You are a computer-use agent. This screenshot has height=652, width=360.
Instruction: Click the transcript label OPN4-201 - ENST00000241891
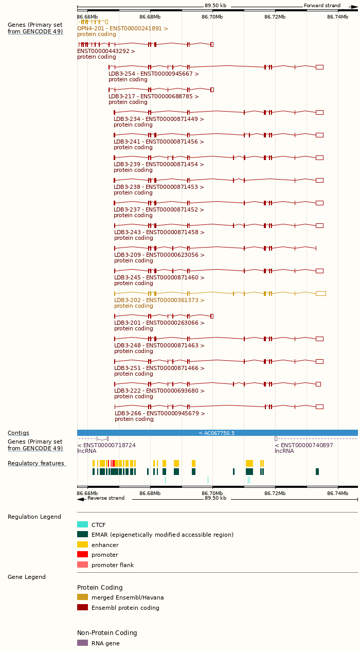(122, 28)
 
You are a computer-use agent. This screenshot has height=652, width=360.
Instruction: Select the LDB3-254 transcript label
(153, 74)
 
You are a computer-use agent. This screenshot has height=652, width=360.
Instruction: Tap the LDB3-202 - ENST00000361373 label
(159, 300)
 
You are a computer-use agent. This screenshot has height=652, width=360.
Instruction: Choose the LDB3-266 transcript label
(159, 413)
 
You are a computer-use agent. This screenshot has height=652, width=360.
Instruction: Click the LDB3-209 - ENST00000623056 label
(159, 255)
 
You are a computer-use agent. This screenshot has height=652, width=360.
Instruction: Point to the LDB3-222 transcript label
(159, 391)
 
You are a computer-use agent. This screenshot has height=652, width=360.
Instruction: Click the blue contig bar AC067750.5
(217, 433)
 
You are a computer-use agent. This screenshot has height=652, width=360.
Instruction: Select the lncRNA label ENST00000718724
(106, 445)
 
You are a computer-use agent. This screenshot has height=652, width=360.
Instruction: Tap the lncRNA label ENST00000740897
(304, 445)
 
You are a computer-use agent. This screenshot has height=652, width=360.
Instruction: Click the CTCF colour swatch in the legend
(82, 525)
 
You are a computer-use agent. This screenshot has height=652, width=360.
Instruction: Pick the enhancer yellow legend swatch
(82, 544)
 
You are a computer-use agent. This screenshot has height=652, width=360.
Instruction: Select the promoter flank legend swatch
(82, 565)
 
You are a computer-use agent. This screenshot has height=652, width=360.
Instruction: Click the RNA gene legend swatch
(82, 643)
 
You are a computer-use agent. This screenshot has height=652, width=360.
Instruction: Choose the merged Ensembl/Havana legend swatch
(82, 597)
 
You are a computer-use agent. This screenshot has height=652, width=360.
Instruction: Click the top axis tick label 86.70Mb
(212, 17)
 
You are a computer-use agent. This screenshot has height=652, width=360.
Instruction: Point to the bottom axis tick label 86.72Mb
(275, 493)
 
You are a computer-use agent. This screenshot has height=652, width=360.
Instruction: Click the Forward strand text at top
(322, 6)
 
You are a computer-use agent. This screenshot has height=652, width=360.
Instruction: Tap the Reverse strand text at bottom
(105, 498)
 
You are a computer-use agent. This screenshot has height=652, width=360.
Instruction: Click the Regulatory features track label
(36, 463)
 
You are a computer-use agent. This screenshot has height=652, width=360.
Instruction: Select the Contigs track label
(19, 433)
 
